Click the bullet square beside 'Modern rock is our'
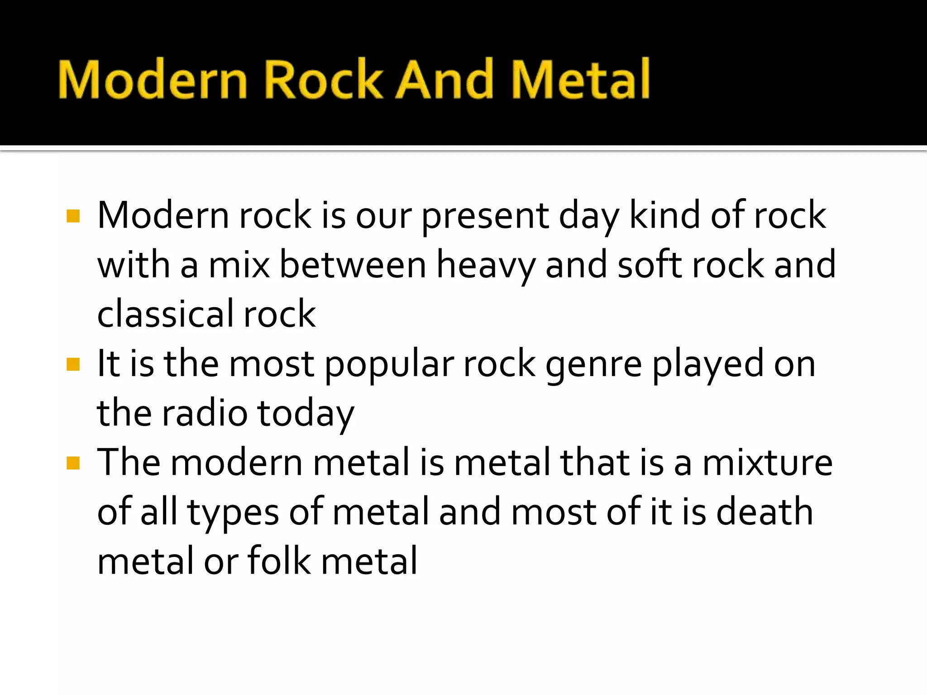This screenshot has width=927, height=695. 73,216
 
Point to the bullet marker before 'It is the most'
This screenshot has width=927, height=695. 73,364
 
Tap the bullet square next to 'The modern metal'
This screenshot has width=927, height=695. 73,463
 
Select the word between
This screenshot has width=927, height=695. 353,266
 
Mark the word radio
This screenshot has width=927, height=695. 205,413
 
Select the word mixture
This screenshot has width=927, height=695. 767,463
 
